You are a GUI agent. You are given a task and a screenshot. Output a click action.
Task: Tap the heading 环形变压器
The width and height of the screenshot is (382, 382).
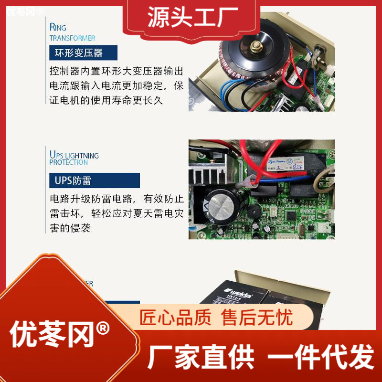pos(83,53)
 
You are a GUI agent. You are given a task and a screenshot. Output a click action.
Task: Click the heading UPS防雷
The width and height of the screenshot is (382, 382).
pos(73,180)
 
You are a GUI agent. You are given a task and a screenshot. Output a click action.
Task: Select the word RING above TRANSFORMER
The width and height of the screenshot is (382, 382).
pos(58,27)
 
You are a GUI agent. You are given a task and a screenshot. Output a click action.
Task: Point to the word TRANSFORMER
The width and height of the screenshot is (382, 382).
pos(72,38)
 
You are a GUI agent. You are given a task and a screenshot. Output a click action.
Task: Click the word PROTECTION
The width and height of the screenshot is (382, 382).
pos(68,162)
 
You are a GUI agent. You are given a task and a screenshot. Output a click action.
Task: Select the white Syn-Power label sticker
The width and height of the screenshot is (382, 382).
pos(279,162)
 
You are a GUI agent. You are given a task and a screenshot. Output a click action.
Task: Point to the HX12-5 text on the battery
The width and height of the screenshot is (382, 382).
pos(241,297)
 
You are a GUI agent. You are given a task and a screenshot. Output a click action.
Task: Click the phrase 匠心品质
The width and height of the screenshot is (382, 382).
pos(175,318)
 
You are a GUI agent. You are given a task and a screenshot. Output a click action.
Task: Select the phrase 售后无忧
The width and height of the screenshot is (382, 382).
pos(257,318)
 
